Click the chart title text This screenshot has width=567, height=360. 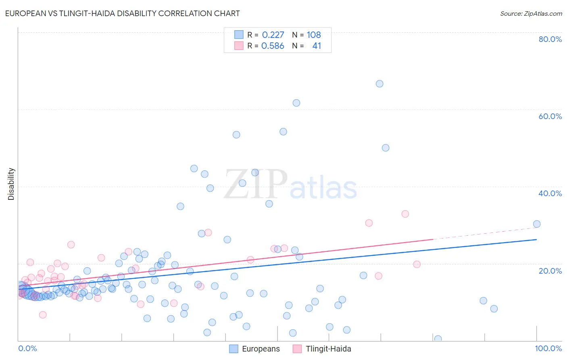[x=122, y=13]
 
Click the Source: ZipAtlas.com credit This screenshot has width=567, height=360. [x=531, y=13]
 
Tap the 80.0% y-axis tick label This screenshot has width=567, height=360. [x=550, y=39]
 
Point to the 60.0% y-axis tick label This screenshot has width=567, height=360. [x=550, y=116]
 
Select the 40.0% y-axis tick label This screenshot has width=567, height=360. [x=550, y=193]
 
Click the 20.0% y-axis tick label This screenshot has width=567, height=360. [x=550, y=271]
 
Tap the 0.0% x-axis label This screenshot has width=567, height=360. [x=27, y=348]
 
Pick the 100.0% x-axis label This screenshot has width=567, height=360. [x=548, y=348]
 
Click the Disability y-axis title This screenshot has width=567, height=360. [x=11, y=184]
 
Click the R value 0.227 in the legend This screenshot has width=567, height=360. [x=273, y=35]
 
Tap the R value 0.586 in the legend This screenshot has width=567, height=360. [x=273, y=46]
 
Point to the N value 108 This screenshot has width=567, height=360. [x=314, y=35]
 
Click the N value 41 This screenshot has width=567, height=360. [x=317, y=46]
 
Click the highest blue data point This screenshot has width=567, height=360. [x=379, y=84]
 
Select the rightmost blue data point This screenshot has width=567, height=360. [x=537, y=224]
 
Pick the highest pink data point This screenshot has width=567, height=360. [x=405, y=214]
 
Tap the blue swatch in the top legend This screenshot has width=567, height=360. [x=239, y=35]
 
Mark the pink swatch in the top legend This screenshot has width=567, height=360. [x=239, y=46]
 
